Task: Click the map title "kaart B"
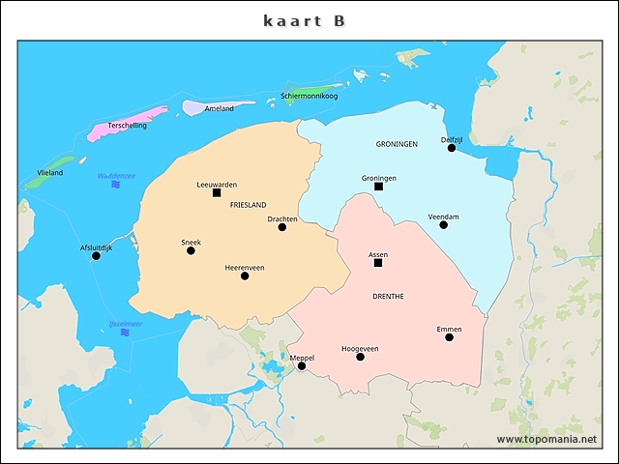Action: pos(304,20)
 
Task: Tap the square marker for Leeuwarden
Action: pos(217,192)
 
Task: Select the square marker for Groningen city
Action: pos(378,187)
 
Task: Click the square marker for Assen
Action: pos(378,263)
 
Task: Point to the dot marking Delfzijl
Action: pos(451,148)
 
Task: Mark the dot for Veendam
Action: pos(443,225)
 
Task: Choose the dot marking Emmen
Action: pos(449,337)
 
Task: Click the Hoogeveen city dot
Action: pos(360,357)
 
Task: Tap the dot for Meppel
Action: pos(302,366)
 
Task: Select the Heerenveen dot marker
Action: pos(245,275)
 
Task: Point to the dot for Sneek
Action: pos(191,250)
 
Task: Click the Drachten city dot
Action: pos(282,227)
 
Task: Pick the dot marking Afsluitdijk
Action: pos(96,256)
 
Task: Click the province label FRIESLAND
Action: pos(248,205)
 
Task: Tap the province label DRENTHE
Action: pos(388,296)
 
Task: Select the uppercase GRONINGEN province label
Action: pos(396,143)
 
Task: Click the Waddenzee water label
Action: pos(116,175)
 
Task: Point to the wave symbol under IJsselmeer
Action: pos(125,333)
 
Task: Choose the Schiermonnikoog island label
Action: pos(309,96)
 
